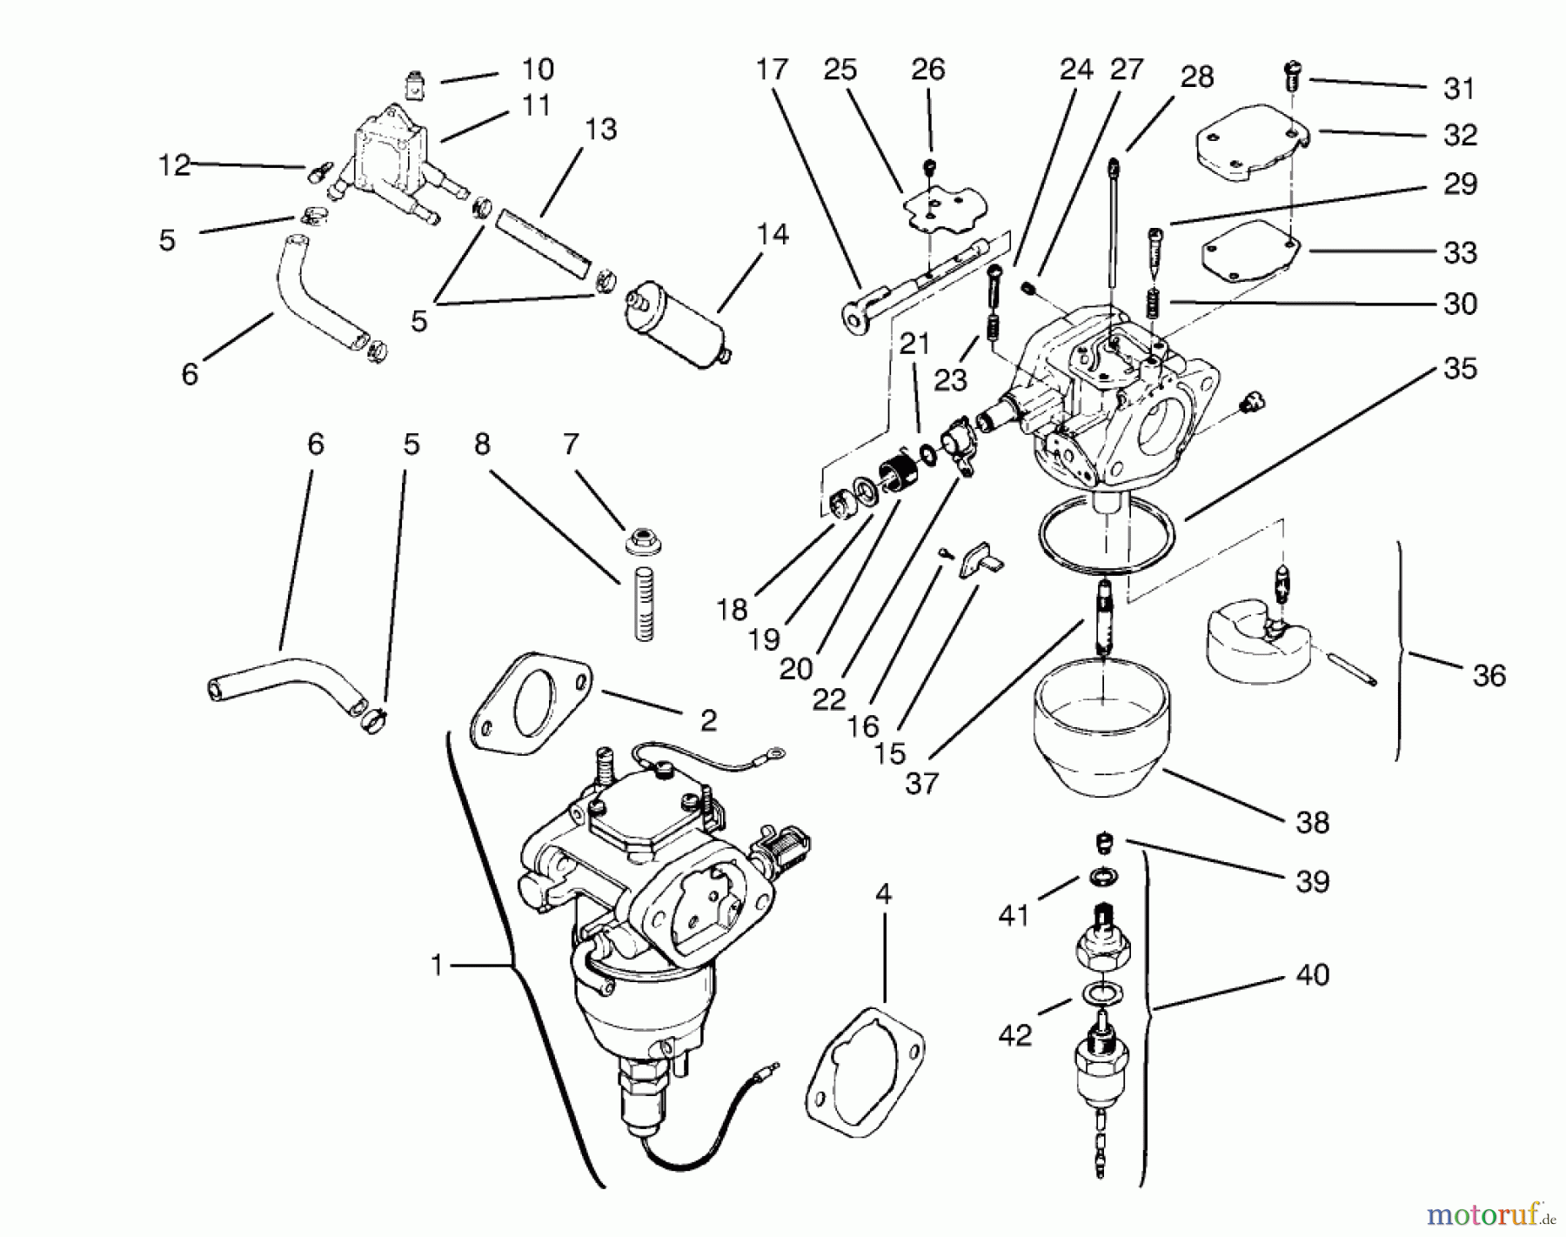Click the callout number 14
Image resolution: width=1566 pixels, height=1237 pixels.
coord(773,235)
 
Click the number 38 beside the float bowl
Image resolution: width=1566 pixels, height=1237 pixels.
coord(1312,822)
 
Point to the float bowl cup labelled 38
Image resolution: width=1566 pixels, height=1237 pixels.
coord(1101,739)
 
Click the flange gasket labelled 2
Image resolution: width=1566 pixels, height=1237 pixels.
coord(531,705)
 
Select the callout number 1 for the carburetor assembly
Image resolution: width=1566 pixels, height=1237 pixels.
coord(437,965)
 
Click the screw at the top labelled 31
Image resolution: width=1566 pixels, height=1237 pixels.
coord(1291,77)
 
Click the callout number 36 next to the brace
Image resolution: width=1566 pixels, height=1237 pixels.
coord(1489,676)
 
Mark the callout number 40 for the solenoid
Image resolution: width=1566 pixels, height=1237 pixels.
coord(1312,975)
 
